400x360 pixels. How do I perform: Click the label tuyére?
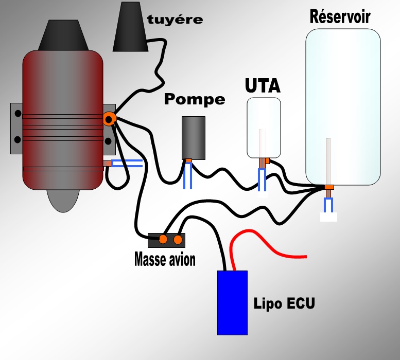[x=175, y=20]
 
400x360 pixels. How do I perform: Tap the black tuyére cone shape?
[x=130, y=28]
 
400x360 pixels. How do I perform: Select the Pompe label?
[x=194, y=99]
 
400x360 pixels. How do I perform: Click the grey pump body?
[x=193, y=137]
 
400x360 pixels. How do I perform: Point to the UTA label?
[x=262, y=85]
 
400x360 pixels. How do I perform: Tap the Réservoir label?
[x=340, y=17]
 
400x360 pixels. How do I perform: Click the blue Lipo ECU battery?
[x=232, y=302]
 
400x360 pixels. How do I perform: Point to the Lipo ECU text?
[x=284, y=302]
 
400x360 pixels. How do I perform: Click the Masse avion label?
[x=165, y=259]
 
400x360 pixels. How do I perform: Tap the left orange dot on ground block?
[x=163, y=239]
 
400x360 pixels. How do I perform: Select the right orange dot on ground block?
[x=178, y=239]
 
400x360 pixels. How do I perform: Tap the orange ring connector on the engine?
[x=109, y=119]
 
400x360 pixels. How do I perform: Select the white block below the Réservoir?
[x=328, y=217]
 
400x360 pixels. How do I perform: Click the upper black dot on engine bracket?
[x=18, y=113]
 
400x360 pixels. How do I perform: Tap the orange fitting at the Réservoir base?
[x=328, y=187]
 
